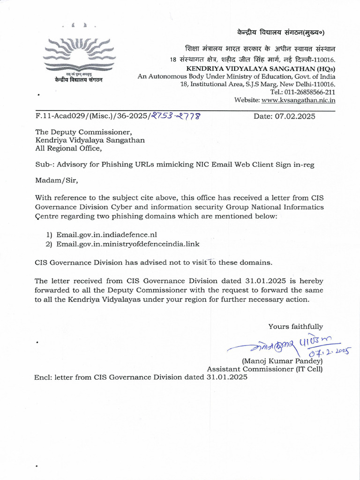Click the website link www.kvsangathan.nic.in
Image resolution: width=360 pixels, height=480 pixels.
[x=298, y=100]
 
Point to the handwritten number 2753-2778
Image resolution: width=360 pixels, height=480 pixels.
[x=176, y=116]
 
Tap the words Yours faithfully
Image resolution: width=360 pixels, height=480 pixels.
[x=295, y=326]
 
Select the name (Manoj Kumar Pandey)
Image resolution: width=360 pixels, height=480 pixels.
[x=282, y=361]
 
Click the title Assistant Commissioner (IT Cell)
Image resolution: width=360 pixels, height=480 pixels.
[x=265, y=369]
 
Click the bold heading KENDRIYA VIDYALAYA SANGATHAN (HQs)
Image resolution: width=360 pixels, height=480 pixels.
[x=261, y=68]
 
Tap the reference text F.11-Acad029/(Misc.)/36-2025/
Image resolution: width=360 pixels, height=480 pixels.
[x=92, y=116]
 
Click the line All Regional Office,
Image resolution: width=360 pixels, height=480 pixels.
[x=68, y=148]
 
